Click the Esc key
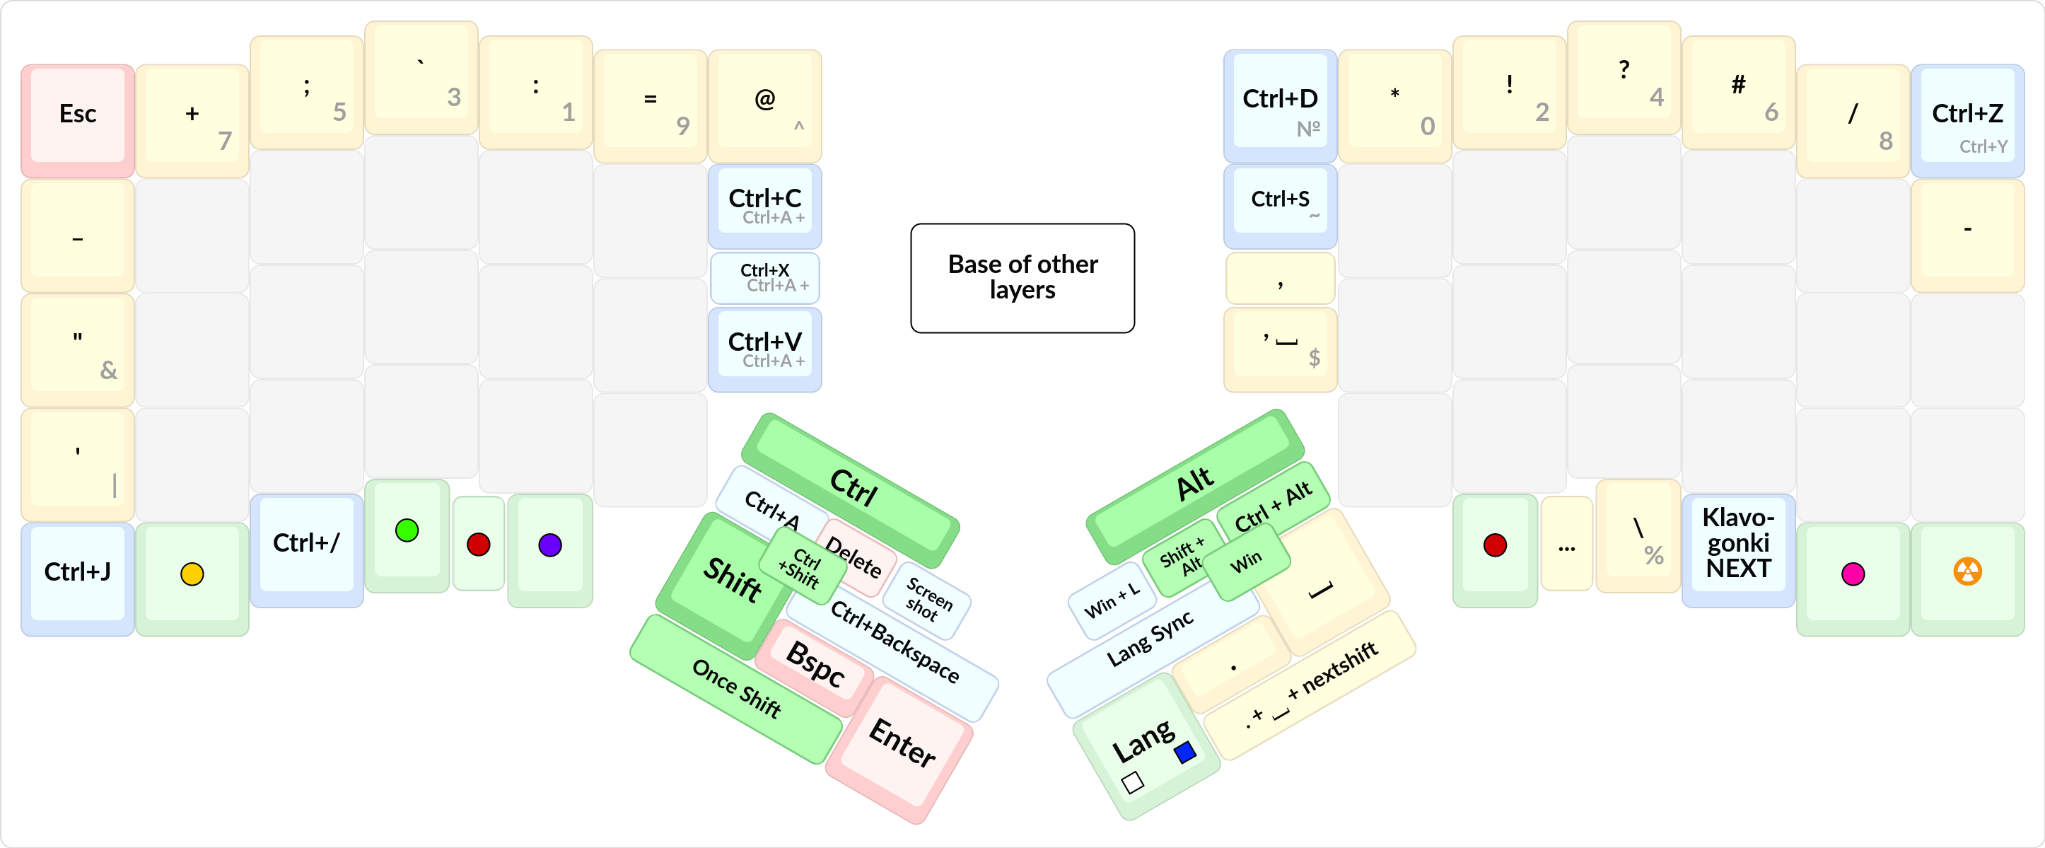click(x=77, y=115)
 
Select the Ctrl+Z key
click(x=1967, y=116)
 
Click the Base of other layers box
click(x=1022, y=277)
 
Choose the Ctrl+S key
click(x=1279, y=200)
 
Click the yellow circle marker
click(x=192, y=574)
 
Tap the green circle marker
click(x=407, y=530)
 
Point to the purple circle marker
click(x=549, y=545)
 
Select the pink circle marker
click(x=1852, y=574)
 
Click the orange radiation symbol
click(x=1967, y=571)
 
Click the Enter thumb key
click(x=901, y=744)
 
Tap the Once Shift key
click(x=735, y=688)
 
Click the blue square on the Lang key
click(x=1184, y=751)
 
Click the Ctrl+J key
click(x=77, y=572)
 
